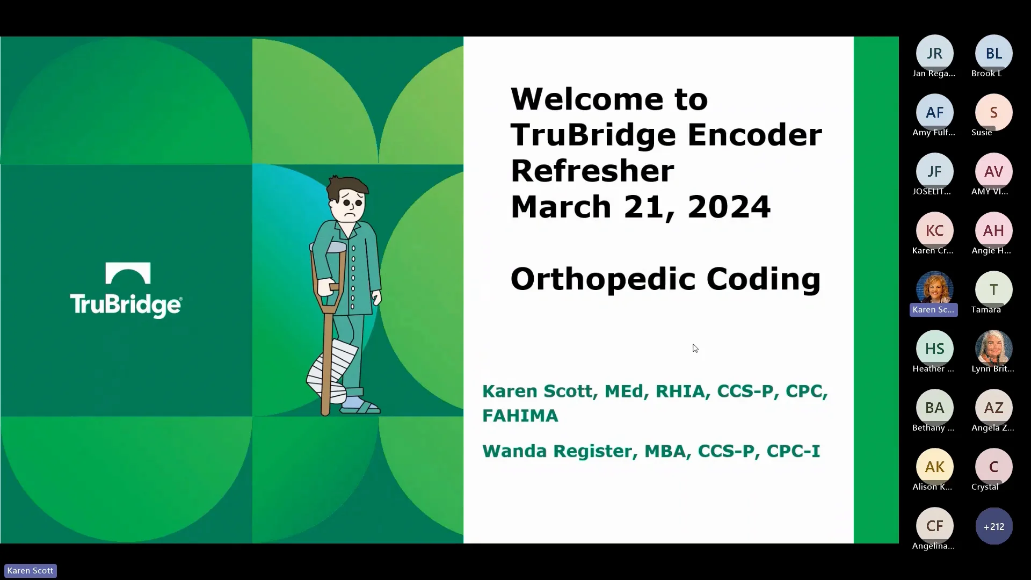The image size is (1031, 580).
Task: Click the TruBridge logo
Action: pyautogui.click(x=126, y=290)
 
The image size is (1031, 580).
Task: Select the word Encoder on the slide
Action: pyautogui.click(x=754, y=135)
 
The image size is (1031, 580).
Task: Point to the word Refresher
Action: pyautogui.click(x=592, y=171)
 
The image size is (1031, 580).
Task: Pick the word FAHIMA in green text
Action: pyautogui.click(x=520, y=416)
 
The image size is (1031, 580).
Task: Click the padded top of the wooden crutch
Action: pyautogui.click(x=329, y=248)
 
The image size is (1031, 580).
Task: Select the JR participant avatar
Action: pyautogui.click(x=934, y=53)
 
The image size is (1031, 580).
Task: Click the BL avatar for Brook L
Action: pyautogui.click(x=993, y=53)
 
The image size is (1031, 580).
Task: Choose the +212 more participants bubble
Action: pyautogui.click(x=993, y=526)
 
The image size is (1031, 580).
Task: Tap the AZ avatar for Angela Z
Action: pyautogui.click(x=993, y=408)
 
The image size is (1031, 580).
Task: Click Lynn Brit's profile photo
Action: pyautogui.click(x=993, y=348)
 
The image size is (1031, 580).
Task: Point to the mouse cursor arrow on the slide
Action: pyautogui.click(x=695, y=348)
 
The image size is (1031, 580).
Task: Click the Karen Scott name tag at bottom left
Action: pyautogui.click(x=31, y=571)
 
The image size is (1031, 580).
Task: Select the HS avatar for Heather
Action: pyautogui.click(x=934, y=349)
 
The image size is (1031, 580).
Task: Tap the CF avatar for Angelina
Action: pyautogui.click(x=934, y=526)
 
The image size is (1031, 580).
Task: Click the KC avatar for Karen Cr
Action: pyautogui.click(x=934, y=230)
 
